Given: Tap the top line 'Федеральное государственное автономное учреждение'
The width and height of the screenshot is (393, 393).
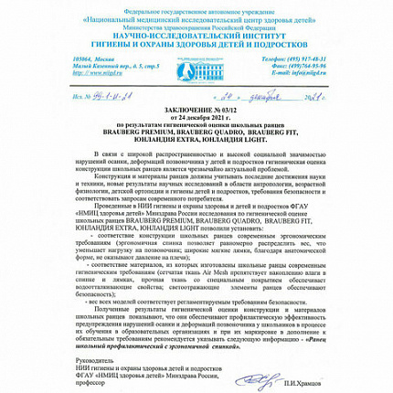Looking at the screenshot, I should [196, 5].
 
